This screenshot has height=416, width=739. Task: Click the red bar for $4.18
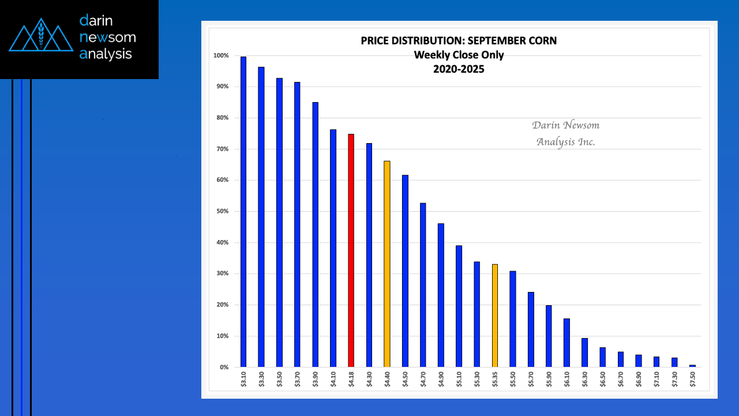point(351,250)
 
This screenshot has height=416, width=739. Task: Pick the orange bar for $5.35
point(495,315)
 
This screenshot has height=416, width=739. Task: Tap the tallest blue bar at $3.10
point(243,212)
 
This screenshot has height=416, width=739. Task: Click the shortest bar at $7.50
point(692,366)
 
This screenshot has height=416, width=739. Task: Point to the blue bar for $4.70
point(423,285)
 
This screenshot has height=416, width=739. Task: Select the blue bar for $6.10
point(567,343)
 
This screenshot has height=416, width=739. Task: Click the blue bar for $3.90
point(315,234)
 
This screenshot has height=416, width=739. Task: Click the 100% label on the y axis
point(221,56)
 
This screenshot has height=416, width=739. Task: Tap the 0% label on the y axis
point(223,367)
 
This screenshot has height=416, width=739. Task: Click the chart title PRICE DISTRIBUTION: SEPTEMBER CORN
point(459,41)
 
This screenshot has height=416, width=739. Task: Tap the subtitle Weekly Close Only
point(459,55)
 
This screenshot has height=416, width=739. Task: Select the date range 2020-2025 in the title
point(459,69)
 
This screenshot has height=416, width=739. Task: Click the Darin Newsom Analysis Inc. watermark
point(565,133)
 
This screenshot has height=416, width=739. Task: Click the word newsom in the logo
point(108,38)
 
